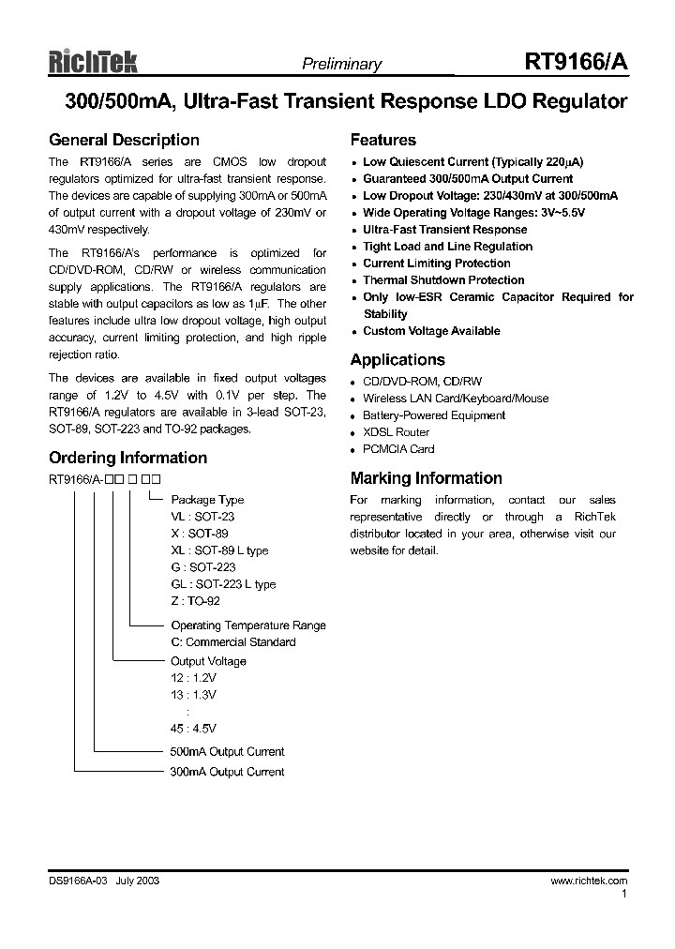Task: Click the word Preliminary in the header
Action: click(341, 65)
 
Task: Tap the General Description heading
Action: click(124, 140)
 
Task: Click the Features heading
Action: click(382, 140)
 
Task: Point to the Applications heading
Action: click(397, 360)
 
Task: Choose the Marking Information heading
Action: click(426, 478)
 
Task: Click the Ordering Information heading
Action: click(127, 458)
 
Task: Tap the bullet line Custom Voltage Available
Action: click(431, 331)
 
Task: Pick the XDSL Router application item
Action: click(396, 432)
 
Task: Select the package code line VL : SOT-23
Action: click(202, 517)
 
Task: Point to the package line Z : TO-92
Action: click(195, 601)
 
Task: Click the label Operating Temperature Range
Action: click(248, 625)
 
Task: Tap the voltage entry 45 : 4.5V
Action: click(193, 729)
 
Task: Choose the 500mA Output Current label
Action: click(227, 752)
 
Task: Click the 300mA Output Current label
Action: click(227, 772)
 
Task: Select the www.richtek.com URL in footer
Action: click(588, 881)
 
